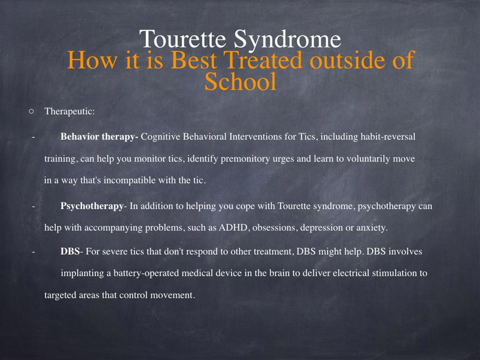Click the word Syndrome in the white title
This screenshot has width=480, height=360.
click(x=288, y=40)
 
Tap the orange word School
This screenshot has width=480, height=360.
click(x=240, y=81)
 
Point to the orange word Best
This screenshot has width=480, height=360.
click(x=194, y=60)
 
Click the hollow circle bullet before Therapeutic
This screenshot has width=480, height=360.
click(x=31, y=112)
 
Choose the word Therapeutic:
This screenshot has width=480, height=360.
click(x=70, y=112)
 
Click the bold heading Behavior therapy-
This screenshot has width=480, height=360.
click(x=99, y=137)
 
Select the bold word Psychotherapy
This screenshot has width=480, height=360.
click(x=92, y=206)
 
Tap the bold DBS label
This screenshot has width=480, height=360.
click(x=70, y=251)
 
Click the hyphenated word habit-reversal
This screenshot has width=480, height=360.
click(x=388, y=137)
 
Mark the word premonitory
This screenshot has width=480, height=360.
click(x=245, y=159)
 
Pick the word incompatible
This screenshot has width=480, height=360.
click(x=130, y=180)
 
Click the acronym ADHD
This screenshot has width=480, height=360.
click(x=233, y=228)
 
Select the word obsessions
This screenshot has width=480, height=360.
click(x=274, y=228)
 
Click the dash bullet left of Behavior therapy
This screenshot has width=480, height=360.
click(x=34, y=137)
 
